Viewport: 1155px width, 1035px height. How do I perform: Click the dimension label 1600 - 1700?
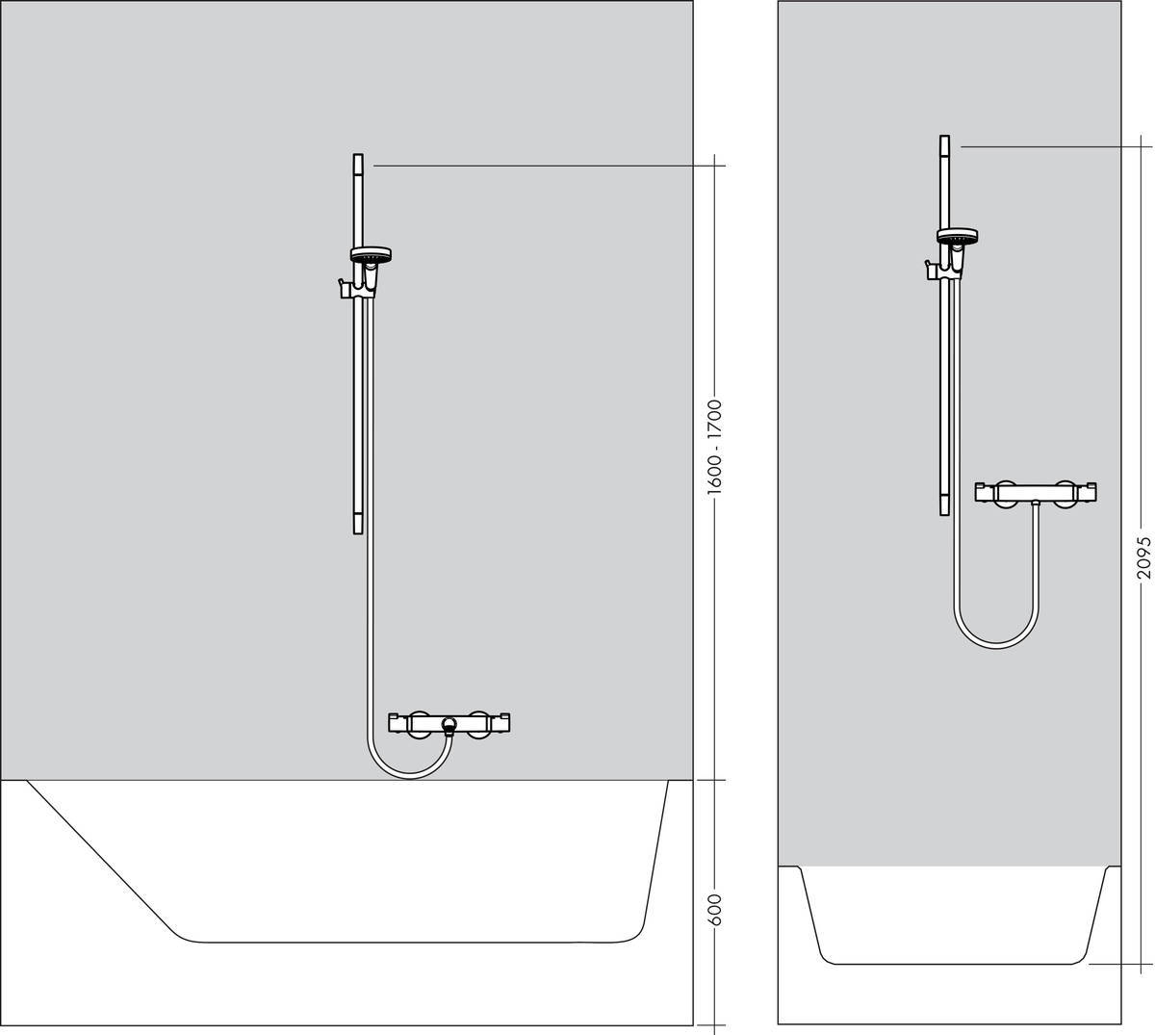pos(714,448)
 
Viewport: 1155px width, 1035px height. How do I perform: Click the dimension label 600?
pos(714,910)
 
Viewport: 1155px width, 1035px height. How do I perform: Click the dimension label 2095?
pos(1142,556)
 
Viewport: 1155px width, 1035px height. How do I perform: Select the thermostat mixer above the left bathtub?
pos(449,722)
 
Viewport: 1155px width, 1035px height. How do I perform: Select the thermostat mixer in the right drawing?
pos(1037,492)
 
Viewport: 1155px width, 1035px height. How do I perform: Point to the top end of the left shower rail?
pos(358,158)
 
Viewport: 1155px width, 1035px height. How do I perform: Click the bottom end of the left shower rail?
pos(358,529)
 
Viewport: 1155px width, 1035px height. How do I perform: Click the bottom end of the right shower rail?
pos(944,510)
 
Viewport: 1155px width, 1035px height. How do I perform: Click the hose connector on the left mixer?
pos(448,725)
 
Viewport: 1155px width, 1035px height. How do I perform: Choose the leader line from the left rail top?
pos(549,166)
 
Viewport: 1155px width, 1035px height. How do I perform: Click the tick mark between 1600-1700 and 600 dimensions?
pos(714,780)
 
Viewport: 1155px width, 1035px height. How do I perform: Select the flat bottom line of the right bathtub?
pos(953,963)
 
